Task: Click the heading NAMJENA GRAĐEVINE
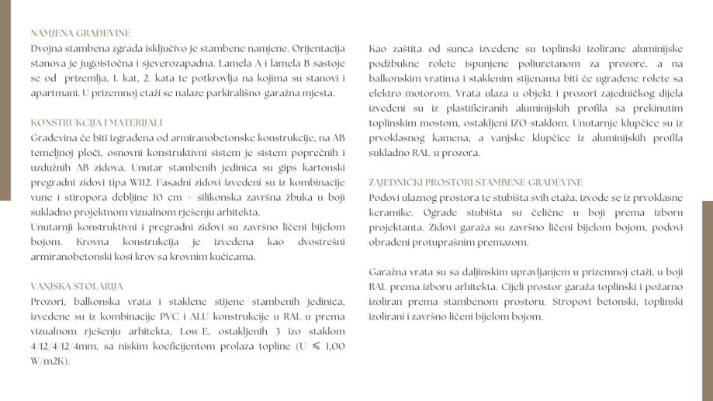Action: point(81,33)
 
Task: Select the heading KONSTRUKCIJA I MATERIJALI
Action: point(96,123)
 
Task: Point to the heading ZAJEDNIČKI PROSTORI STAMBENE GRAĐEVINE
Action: point(476,182)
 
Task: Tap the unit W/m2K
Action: point(50,361)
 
